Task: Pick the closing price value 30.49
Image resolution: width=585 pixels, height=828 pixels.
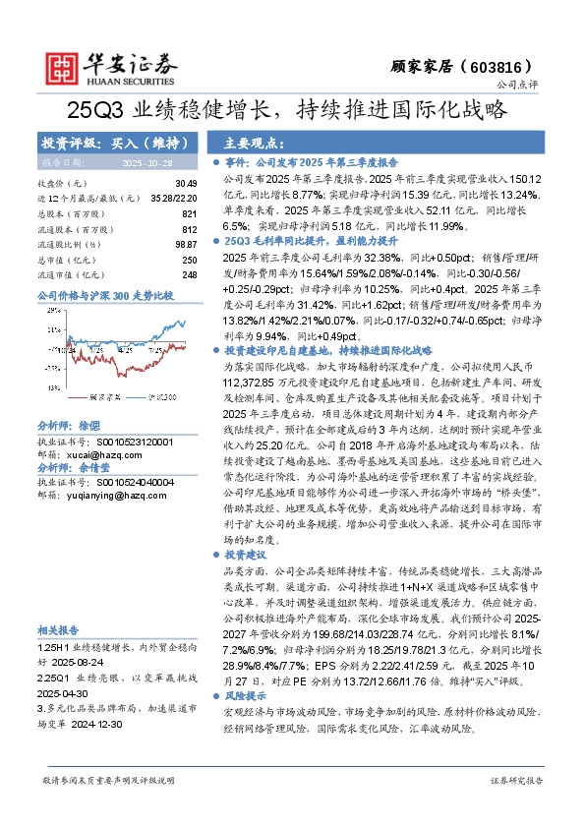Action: point(185,184)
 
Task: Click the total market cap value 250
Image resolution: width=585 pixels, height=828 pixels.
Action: point(189,258)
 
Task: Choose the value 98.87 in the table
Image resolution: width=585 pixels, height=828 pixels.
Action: point(185,243)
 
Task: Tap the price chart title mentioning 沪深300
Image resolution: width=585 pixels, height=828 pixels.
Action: point(104,295)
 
